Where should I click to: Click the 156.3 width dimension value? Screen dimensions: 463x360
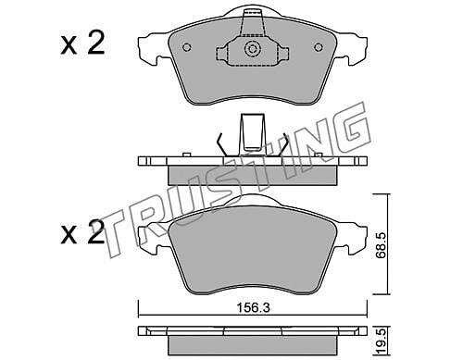[253, 308]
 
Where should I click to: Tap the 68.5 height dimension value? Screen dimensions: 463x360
[381, 245]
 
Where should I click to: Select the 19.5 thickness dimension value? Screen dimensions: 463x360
[382, 341]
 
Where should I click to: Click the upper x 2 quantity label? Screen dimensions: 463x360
[82, 44]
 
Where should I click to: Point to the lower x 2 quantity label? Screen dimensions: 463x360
[82, 232]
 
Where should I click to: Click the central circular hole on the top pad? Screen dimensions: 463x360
[253, 49]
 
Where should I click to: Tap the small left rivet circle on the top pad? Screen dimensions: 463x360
[187, 47]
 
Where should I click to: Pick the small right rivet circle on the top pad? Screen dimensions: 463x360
[319, 47]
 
